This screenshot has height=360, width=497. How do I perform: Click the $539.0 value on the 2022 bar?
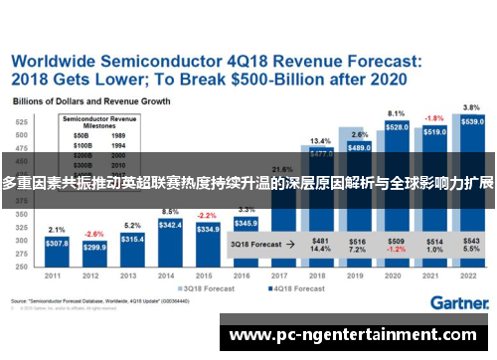[x=473, y=120]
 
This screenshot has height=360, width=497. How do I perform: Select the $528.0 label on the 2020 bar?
[x=397, y=127]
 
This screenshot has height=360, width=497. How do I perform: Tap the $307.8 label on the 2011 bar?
[x=57, y=244]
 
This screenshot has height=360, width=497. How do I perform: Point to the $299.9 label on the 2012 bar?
[x=94, y=247]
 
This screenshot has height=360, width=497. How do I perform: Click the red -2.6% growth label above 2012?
[x=94, y=234]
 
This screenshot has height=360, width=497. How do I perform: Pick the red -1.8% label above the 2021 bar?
[x=434, y=118]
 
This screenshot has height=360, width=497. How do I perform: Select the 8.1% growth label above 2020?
[x=397, y=113]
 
